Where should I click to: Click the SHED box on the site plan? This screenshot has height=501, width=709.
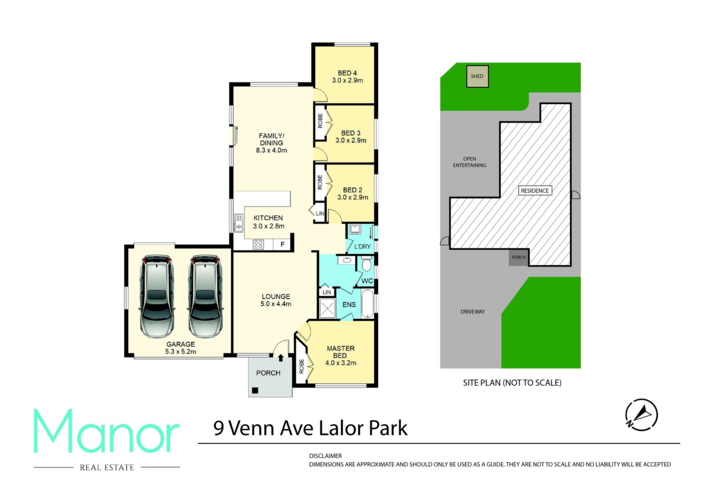[x=477, y=76]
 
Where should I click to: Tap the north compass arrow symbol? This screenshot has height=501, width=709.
[x=641, y=415]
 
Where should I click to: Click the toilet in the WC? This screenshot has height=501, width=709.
[x=366, y=264]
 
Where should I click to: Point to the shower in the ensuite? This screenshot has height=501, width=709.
[x=327, y=308]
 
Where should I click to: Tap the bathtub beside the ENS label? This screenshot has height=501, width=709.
[x=367, y=304]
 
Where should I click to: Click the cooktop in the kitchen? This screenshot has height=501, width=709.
[x=258, y=244]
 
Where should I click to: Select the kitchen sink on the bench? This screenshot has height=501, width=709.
[x=239, y=223]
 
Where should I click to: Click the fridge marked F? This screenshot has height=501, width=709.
[x=282, y=244]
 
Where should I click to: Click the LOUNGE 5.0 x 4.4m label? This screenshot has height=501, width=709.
[x=276, y=300]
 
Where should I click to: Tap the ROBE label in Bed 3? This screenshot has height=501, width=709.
[x=320, y=121]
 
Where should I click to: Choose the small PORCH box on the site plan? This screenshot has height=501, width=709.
[x=519, y=257]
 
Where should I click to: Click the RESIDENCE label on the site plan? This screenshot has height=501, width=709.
[x=535, y=191]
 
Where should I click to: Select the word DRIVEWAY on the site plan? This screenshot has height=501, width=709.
[x=473, y=312]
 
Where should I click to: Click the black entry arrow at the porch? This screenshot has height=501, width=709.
[x=281, y=357]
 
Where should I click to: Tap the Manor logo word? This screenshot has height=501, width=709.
[x=107, y=431]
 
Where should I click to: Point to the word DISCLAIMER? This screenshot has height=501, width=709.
[x=325, y=456]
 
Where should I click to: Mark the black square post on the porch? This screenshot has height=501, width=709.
[x=255, y=390]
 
